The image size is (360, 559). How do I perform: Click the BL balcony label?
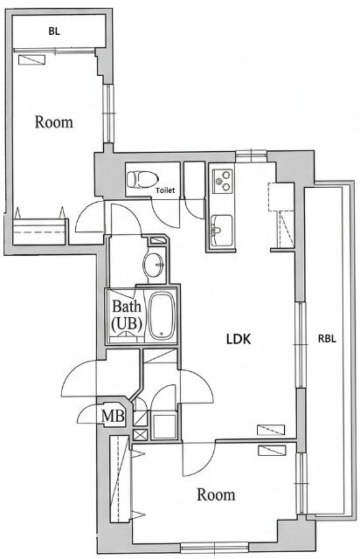click(x=54, y=31)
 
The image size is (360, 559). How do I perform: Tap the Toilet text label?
click(x=165, y=190)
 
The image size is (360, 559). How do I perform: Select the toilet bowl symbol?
click(x=142, y=179)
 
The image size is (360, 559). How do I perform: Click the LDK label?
click(x=239, y=339)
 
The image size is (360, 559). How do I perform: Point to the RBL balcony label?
click(x=327, y=339)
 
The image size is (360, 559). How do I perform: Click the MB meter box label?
click(x=113, y=416)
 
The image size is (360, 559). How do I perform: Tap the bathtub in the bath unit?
click(x=163, y=316)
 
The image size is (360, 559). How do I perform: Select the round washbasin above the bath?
click(x=154, y=265)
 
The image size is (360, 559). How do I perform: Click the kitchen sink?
click(x=222, y=230)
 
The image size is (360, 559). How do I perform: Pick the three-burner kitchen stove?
click(x=223, y=181)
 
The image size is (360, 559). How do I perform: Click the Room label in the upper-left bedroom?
click(x=54, y=122)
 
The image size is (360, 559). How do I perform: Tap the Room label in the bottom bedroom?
click(x=216, y=495)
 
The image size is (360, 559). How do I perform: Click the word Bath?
click(x=127, y=306)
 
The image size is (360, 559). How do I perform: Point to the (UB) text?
click(x=127, y=323)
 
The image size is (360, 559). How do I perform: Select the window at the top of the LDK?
click(x=251, y=155)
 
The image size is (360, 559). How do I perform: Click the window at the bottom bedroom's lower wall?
click(x=215, y=548)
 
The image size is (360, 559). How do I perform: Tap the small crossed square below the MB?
click(x=140, y=435)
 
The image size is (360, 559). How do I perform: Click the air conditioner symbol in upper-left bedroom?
click(x=31, y=59)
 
